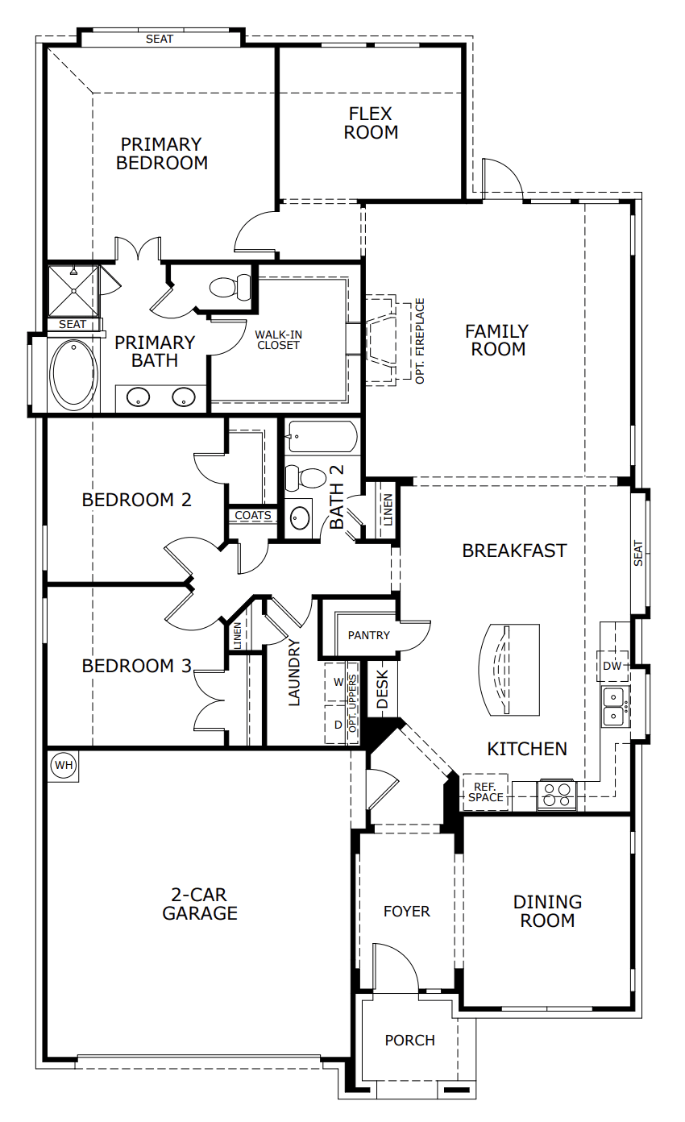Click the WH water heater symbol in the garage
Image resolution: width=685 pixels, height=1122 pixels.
[63, 765]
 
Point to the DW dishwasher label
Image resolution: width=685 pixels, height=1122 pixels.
[612, 666]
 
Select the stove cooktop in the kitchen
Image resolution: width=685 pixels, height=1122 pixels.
[556, 795]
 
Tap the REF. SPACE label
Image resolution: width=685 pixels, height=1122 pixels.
[485, 792]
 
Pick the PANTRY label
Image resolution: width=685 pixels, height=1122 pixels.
[369, 635]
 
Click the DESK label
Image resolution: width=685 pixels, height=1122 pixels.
[383, 690]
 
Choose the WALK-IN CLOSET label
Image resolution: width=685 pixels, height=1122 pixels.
[277, 339]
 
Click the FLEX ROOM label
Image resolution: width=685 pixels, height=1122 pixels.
[371, 123]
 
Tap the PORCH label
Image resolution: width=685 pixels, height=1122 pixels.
[409, 1040]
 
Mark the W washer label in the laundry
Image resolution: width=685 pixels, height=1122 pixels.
[338, 682]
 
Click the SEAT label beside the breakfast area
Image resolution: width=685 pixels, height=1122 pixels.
[638, 553]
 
